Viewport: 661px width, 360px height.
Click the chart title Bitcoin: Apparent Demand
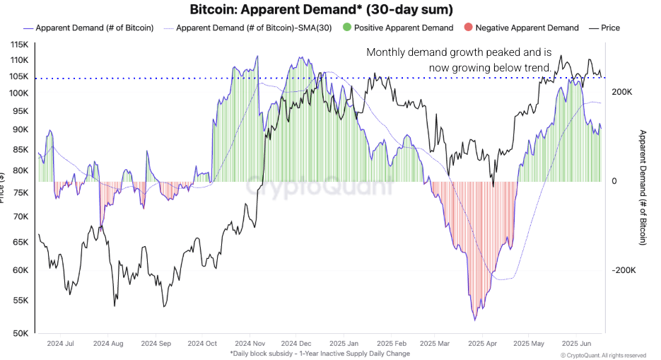tap(322, 10)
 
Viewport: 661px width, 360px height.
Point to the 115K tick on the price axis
tap(18, 45)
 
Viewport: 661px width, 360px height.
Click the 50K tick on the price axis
tap(21, 333)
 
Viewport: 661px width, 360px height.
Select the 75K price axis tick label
tap(21, 192)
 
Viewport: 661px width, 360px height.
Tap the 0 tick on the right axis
tap(614, 181)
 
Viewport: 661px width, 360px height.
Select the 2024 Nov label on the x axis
tap(250, 344)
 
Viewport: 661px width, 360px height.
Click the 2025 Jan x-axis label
tap(343, 344)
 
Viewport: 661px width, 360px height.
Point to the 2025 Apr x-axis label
tap(481, 344)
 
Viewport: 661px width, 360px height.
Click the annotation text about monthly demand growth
tap(459, 60)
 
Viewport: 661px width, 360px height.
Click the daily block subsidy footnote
tap(320, 353)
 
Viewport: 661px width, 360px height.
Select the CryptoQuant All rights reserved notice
tap(603, 355)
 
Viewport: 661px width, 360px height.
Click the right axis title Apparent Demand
tap(643, 187)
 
